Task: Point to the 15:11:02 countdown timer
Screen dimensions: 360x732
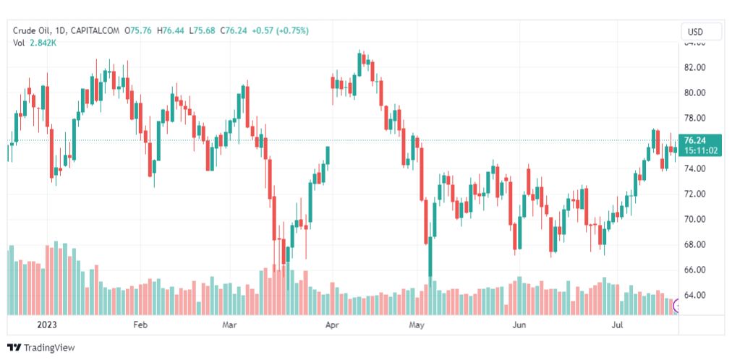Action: [x=700, y=150]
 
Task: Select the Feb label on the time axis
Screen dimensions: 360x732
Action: [x=140, y=325]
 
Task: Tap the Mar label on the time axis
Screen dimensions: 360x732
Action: [x=230, y=325]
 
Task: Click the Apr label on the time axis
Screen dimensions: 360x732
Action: [x=333, y=325]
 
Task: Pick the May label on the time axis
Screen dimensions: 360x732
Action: [x=416, y=325]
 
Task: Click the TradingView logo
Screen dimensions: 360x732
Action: [x=41, y=348]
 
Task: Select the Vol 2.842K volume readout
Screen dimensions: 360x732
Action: [x=35, y=43]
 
